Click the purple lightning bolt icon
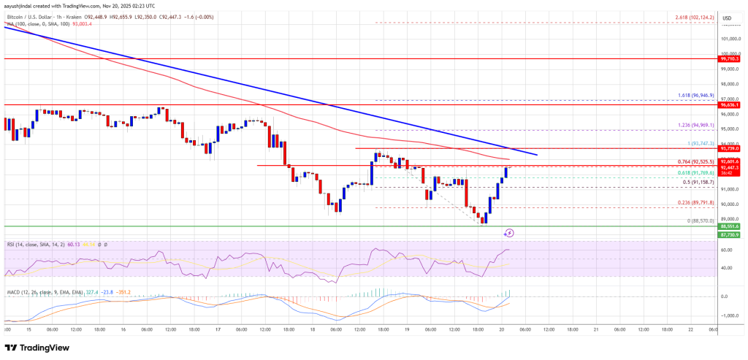(509, 233)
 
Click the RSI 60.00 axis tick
(727, 250)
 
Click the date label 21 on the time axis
(596, 329)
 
